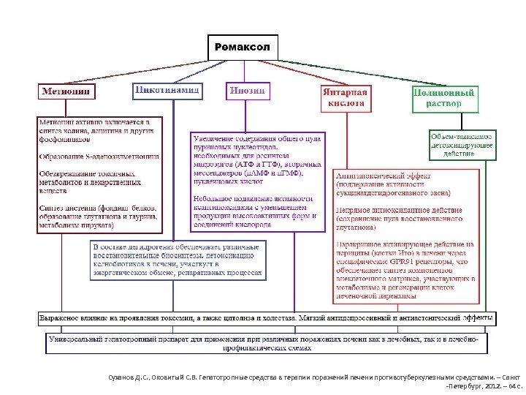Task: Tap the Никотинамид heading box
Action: pyautogui.click(x=167, y=90)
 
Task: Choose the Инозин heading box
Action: pyautogui.click(x=248, y=91)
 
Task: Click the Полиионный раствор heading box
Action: pyautogui.click(x=444, y=98)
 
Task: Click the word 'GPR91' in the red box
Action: pyautogui.click(x=401, y=260)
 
